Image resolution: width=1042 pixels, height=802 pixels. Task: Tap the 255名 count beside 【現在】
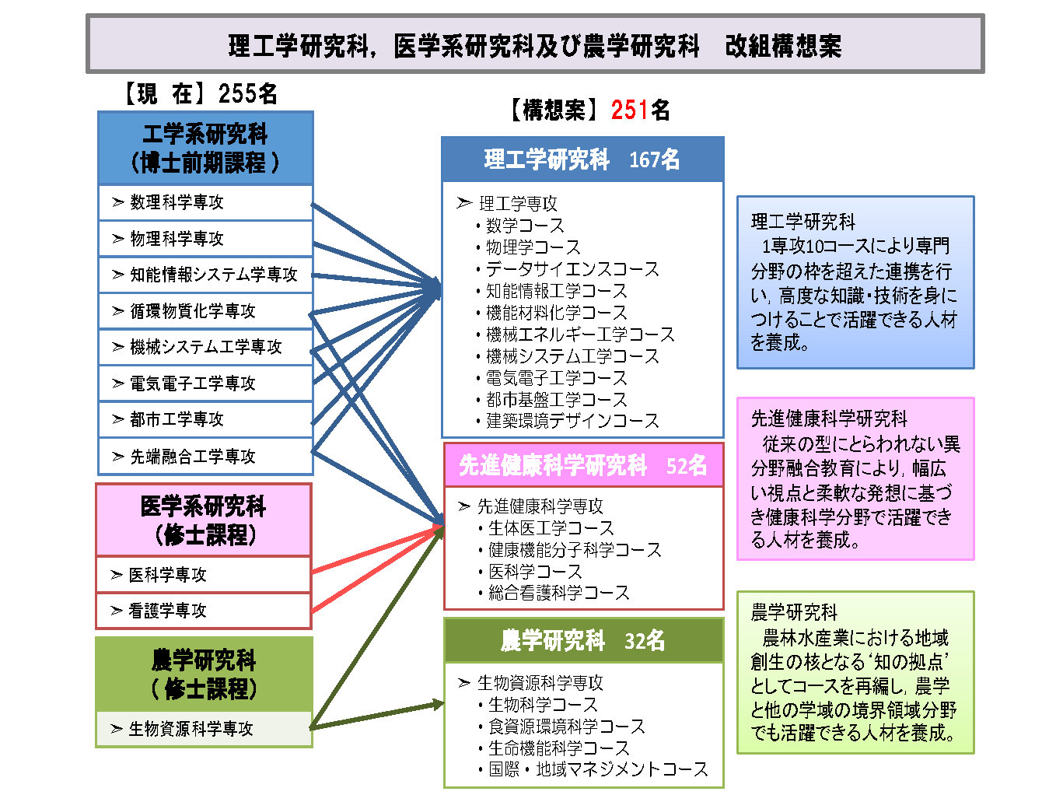247,93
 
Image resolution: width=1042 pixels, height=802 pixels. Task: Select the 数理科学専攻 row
206,202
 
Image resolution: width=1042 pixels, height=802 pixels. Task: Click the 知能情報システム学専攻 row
206,275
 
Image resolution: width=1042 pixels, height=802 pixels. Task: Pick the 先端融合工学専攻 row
206,456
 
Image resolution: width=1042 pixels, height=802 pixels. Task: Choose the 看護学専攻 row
204,611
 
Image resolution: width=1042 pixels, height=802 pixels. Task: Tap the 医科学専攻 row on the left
204,574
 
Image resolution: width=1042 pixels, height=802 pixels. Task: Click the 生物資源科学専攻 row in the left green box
204,729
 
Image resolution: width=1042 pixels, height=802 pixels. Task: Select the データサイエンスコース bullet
568,269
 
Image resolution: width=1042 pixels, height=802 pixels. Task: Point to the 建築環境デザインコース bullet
568,421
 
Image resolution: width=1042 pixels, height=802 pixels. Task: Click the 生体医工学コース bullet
546,527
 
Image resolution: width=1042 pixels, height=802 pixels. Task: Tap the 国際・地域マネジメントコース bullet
593,769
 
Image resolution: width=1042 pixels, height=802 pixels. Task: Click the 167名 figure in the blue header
654,159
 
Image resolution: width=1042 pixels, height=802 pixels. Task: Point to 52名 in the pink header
686,465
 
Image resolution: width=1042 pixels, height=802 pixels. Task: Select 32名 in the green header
645,640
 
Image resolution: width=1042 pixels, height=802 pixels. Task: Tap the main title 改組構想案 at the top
783,46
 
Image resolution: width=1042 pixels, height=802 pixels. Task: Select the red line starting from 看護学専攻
378,569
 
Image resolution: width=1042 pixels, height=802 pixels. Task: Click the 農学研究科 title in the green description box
794,612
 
